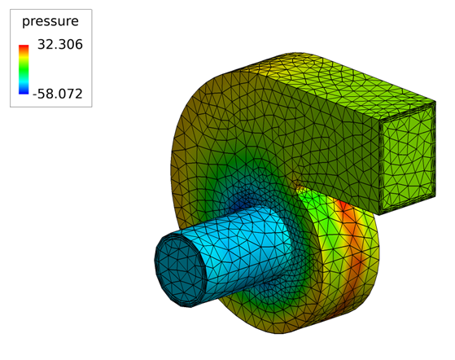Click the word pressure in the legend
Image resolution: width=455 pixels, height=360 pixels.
pyautogui.click(x=50, y=21)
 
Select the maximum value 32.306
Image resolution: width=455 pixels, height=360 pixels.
pyautogui.click(x=60, y=45)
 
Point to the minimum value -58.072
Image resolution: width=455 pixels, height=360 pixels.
pyautogui.click(x=58, y=94)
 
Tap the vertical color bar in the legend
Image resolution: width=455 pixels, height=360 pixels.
pyautogui.click(x=24, y=69)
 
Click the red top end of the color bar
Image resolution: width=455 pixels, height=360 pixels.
pyautogui.click(x=24, y=46)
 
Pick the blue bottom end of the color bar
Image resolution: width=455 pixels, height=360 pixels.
pyautogui.click(x=24, y=91)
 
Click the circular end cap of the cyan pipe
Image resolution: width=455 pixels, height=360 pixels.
pyautogui.click(x=180, y=270)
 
